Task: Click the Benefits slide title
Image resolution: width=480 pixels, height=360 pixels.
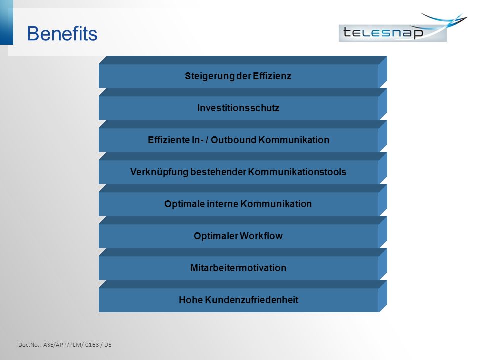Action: coord(62,33)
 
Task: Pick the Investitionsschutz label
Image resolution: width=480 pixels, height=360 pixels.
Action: coord(238,108)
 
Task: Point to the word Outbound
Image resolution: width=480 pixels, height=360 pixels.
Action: coord(233,140)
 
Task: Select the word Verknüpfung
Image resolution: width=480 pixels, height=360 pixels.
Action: coord(159,172)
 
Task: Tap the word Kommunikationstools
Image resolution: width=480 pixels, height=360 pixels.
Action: coord(297,172)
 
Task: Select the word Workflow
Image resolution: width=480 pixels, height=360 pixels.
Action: coord(261,236)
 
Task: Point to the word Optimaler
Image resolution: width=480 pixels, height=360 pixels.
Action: coord(216,236)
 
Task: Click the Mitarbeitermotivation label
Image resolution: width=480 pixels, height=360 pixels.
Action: coord(238,268)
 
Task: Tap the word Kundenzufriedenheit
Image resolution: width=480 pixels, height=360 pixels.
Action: coord(252,300)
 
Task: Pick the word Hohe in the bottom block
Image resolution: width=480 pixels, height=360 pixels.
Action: coord(191,300)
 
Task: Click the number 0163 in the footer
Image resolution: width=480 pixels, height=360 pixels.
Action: coord(92,345)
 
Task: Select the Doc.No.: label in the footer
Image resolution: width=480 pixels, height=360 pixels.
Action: coord(29,345)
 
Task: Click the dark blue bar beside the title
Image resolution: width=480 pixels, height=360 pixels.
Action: coord(6,22)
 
